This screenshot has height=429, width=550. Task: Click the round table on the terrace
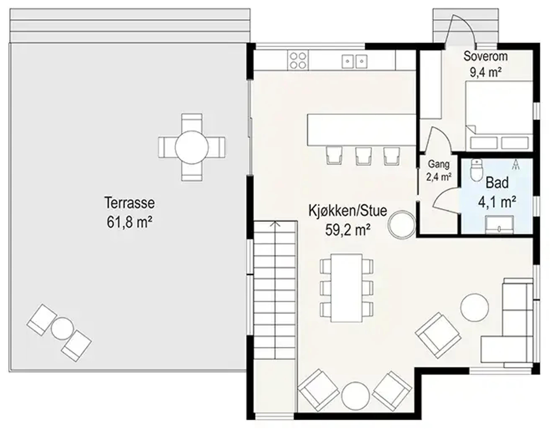[x=192, y=147]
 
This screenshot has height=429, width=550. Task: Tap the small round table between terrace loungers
[x=62, y=328]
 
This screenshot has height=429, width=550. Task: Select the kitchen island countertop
[x=361, y=130]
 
